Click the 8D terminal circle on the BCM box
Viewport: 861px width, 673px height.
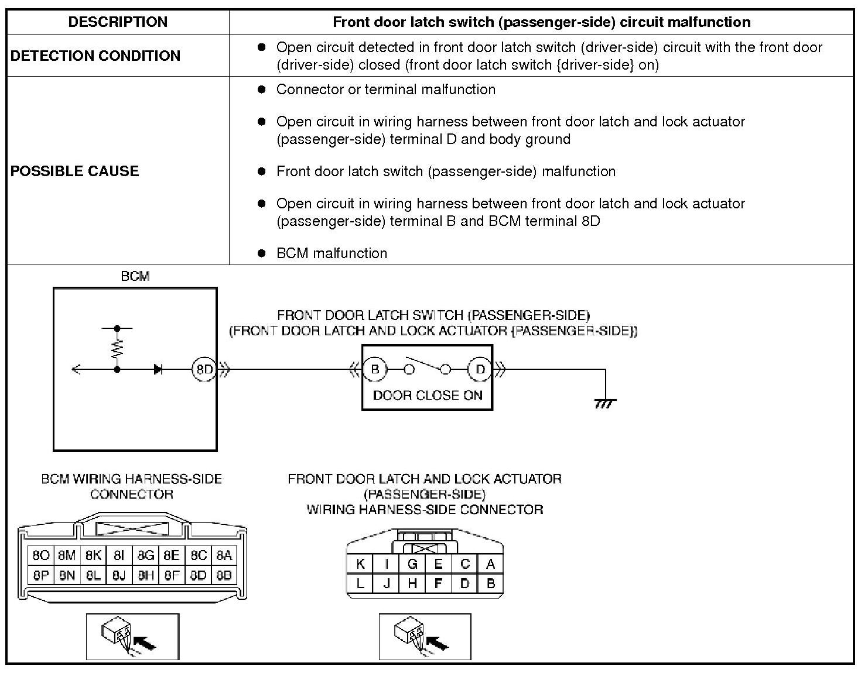click(x=204, y=369)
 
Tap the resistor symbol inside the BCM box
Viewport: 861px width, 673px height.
click(x=118, y=349)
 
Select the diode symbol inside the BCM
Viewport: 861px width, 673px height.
click(x=158, y=369)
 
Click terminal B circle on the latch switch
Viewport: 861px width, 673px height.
click(x=375, y=369)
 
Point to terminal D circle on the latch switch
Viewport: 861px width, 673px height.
click(x=480, y=369)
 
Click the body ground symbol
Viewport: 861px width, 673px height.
click(x=605, y=403)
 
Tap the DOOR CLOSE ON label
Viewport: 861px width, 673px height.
click(x=428, y=395)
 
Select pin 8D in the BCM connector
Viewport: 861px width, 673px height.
click(x=198, y=575)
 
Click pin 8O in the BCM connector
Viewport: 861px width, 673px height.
click(x=41, y=555)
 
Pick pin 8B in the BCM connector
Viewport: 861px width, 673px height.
click(x=224, y=575)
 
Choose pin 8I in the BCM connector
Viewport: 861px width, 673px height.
click(x=119, y=555)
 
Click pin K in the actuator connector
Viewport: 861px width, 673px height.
click(x=360, y=564)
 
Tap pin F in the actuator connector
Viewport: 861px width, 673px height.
click(x=438, y=583)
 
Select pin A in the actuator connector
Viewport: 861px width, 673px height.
click(x=490, y=564)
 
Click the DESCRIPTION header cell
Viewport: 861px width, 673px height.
click(x=118, y=22)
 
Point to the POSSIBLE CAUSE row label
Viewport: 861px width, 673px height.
click(x=75, y=171)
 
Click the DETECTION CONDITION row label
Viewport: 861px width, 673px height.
click(x=95, y=56)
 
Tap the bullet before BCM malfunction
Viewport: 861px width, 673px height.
click(x=262, y=253)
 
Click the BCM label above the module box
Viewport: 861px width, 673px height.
click(x=135, y=276)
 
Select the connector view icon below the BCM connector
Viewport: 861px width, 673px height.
click(x=133, y=637)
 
